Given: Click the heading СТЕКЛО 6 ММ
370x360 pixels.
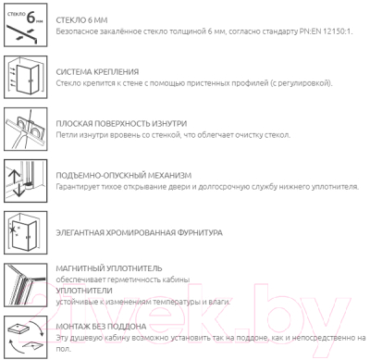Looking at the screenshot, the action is tap(81, 20).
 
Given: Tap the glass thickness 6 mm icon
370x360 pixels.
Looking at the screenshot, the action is tap(26, 25).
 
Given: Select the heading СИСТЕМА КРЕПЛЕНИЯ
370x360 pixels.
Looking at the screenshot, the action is tap(97, 72).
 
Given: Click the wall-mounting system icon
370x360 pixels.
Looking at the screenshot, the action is tap(26, 77).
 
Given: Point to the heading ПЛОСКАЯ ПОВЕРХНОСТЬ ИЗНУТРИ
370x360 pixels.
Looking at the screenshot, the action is tap(121, 124).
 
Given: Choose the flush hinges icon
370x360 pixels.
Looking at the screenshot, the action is tap(26, 129).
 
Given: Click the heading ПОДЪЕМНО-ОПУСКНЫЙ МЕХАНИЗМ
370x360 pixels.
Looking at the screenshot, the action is tap(124, 176).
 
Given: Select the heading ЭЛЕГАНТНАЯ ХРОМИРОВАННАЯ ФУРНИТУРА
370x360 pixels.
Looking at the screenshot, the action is tap(139, 232).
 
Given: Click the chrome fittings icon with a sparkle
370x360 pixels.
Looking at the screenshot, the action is tap(26, 233).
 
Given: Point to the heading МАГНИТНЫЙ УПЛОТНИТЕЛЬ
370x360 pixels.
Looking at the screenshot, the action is tap(109, 268).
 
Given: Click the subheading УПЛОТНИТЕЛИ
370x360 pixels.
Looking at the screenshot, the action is tap(84, 291).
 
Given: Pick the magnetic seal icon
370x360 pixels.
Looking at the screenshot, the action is tap(26, 285).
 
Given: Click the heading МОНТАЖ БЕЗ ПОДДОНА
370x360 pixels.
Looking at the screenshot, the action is tap(101, 327).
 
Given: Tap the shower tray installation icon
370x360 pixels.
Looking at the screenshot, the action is tap(26, 337).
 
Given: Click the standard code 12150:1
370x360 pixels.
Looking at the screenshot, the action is tap(338, 31).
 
